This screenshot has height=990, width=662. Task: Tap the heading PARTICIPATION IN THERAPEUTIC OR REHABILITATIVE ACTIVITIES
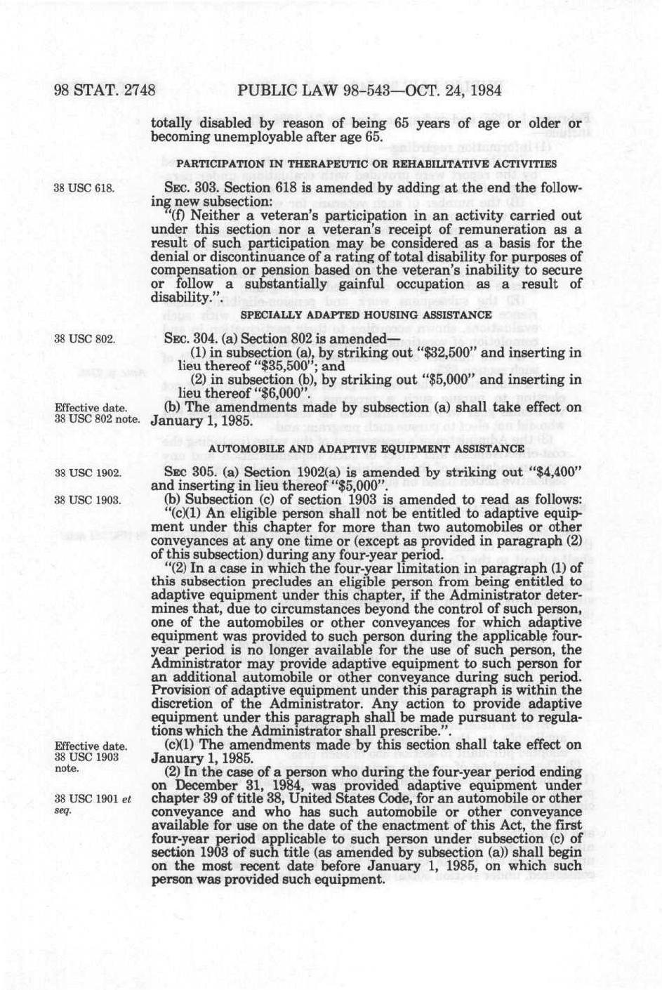pyautogui.click(x=366, y=164)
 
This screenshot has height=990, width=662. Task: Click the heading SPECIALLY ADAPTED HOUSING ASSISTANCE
pyautogui.click(x=366, y=315)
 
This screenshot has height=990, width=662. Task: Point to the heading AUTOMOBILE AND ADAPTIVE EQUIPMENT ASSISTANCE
pyautogui.click(x=366, y=448)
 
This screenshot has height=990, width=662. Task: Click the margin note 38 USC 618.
pyautogui.click(x=84, y=189)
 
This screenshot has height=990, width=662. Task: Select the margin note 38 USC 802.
pyautogui.click(x=84, y=339)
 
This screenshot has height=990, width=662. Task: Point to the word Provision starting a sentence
pyautogui.click(x=180, y=690)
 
